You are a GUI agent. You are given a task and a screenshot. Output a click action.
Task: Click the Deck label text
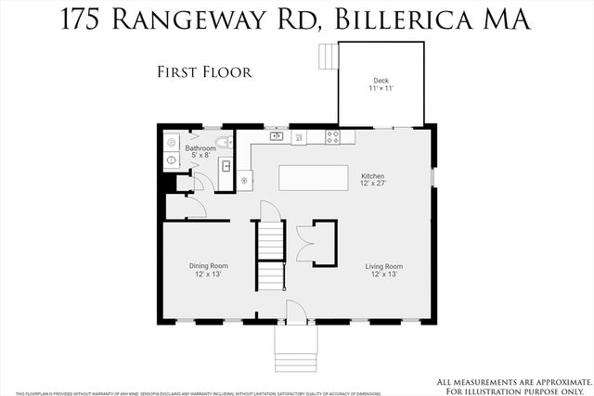(x=381, y=81)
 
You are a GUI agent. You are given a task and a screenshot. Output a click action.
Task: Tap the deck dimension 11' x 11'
(x=381, y=89)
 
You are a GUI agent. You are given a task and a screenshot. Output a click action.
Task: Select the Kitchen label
(x=373, y=176)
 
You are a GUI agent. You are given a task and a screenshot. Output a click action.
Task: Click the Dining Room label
(x=209, y=266)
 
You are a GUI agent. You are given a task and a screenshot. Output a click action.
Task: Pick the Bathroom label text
(x=200, y=147)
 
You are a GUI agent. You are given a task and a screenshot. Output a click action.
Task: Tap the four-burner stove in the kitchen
(x=334, y=137)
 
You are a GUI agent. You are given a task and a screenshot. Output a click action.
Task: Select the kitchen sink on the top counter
(x=277, y=136)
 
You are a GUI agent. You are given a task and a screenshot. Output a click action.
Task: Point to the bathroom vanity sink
(x=226, y=168)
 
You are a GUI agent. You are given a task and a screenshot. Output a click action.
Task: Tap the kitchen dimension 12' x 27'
(x=373, y=185)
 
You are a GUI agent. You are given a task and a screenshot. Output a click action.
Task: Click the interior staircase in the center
(x=269, y=255)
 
